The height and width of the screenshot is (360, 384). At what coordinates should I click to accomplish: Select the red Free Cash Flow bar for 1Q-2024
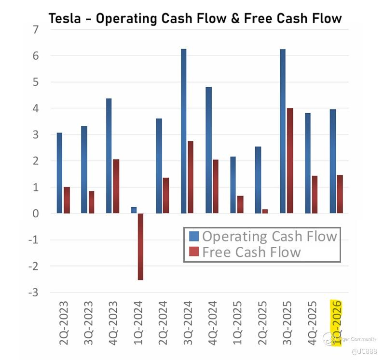click(x=140, y=246)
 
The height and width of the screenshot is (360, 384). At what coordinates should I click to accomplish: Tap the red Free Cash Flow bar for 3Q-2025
click(x=290, y=160)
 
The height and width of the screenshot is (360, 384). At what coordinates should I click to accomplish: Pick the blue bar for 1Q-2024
click(x=134, y=210)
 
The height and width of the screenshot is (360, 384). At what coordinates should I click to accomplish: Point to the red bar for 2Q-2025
click(x=265, y=211)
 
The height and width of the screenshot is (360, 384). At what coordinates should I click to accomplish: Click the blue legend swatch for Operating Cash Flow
click(x=194, y=236)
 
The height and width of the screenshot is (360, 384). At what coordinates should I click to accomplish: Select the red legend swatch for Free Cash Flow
click(x=194, y=252)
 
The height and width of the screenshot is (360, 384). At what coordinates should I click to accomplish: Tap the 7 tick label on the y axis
click(x=35, y=30)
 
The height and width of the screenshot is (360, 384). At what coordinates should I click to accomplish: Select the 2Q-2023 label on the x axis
click(x=64, y=322)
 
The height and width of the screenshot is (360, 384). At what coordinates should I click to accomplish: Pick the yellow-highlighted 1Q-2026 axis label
click(x=336, y=322)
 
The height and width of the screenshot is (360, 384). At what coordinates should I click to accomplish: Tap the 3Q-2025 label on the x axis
click(x=287, y=322)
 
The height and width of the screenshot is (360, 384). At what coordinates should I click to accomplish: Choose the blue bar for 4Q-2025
click(x=307, y=163)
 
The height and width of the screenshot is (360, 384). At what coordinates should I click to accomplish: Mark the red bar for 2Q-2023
click(x=67, y=200)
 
